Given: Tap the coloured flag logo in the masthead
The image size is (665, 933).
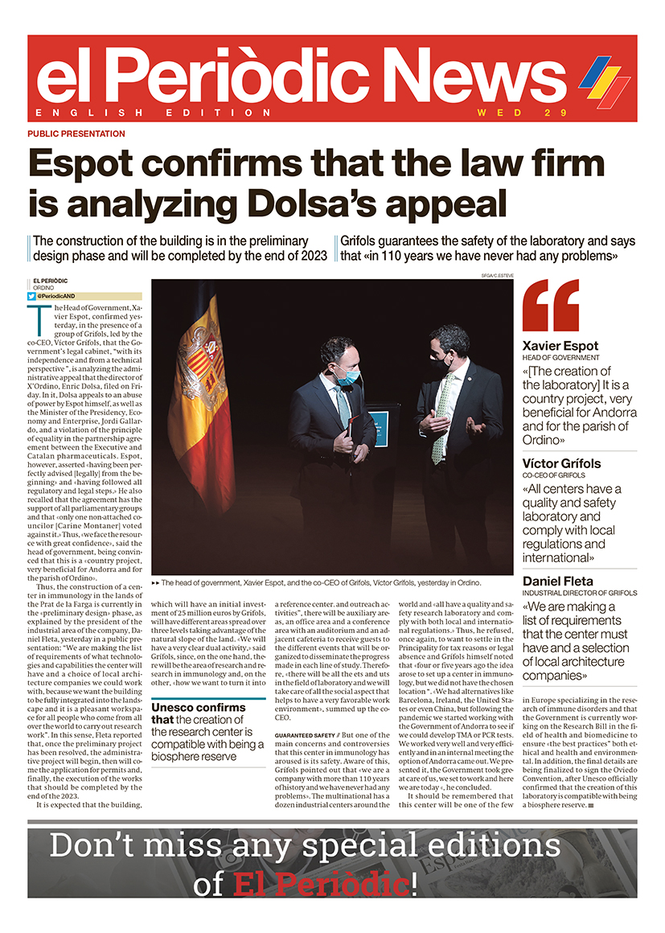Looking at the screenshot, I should [x=604, y=81].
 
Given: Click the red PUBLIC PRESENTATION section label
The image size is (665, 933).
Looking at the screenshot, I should [x=76, y=134].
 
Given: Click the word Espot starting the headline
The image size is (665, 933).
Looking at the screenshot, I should [x=92, y=163].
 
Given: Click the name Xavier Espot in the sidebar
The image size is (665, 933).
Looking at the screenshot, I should [x=560, y=347].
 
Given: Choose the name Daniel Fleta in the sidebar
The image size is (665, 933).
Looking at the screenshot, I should [x=559, y=581].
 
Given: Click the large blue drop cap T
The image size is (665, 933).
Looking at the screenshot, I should [x=35, y=319].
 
